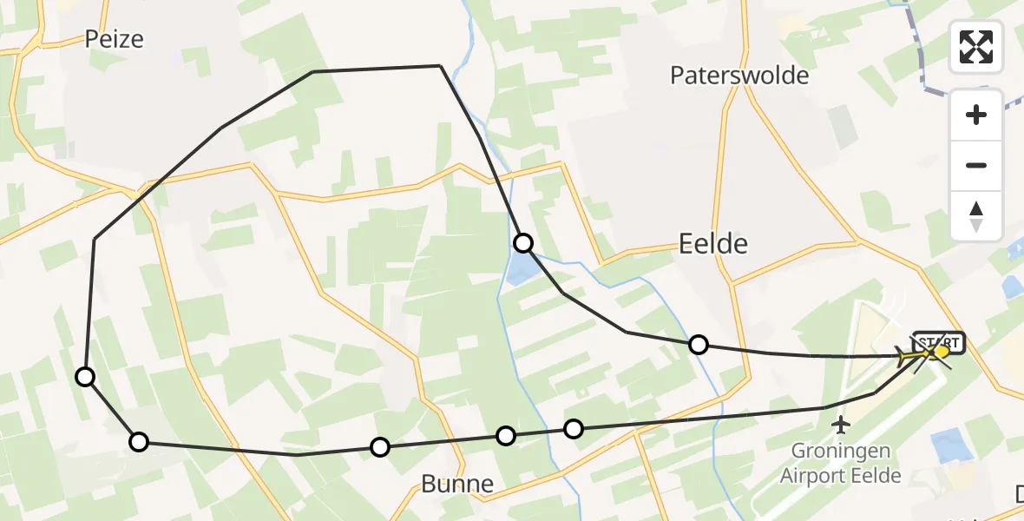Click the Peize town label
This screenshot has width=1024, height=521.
pos(115,39)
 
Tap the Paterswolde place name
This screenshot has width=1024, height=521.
pos(739,76)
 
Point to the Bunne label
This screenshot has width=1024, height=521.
pos(457,484)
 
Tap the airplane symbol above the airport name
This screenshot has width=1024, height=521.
pos(841,425)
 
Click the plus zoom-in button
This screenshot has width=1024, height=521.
pos(976,115)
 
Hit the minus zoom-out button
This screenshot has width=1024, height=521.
pos(976,166)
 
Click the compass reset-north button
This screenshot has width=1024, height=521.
pos(976,215)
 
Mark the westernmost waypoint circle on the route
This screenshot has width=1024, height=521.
pos(85,376)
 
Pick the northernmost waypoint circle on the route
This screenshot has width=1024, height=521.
pos(522,242)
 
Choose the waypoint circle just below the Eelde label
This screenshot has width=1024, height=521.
pos(699,345)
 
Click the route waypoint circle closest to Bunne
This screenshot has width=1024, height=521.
pos(505,435)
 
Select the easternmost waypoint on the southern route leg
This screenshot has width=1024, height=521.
pos(573,428)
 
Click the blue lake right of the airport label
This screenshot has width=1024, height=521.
pos(952,445)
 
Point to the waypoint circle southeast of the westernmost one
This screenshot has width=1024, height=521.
pos(139,442)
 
